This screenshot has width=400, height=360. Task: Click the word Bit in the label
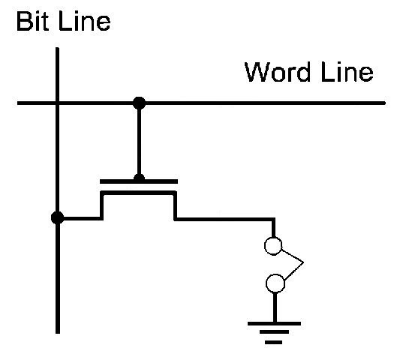32,22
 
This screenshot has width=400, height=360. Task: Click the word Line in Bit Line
85,22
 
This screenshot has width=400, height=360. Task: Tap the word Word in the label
277,72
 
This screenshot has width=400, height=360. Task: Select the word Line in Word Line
347,72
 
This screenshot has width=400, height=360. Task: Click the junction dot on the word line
139,103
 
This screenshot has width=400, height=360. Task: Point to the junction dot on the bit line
57,218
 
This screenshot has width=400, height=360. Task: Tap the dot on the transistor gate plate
139,178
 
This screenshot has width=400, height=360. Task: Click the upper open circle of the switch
273,246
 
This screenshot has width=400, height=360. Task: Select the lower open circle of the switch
275,283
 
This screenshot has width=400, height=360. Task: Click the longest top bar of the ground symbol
274,323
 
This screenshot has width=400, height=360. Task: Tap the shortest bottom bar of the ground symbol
273,342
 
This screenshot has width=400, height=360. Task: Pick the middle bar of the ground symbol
274,332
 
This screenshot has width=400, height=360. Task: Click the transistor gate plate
139,181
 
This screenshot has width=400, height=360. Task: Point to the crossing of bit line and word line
57,103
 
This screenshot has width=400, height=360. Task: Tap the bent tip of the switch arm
303,262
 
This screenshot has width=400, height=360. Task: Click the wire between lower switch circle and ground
275,307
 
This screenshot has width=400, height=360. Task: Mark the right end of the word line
384,103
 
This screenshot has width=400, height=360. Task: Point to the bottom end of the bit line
58,332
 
